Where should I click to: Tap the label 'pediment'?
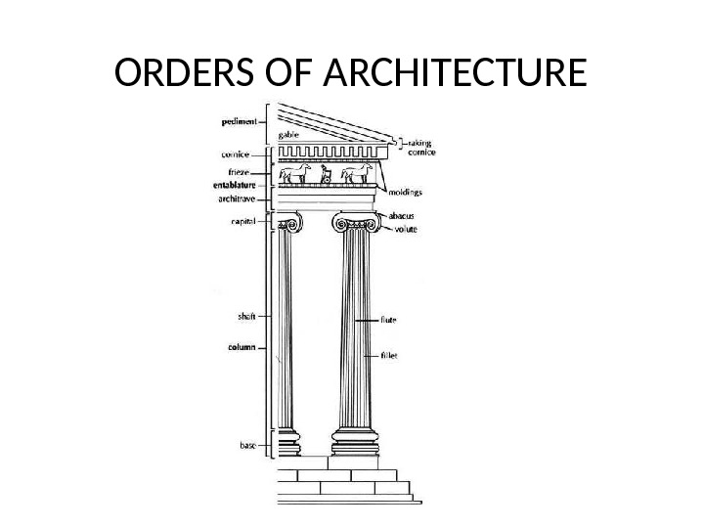click(238, 122)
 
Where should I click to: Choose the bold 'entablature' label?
click(235, 184)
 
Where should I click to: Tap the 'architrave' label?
click(236, 198)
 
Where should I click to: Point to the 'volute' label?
click(406, 230)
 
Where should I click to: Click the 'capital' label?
click(242, 222)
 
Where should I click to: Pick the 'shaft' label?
click(247, 316)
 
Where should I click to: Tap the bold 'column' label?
click(242, 347)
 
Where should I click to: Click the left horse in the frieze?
click(296, 174)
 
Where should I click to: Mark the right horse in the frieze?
click(357, 174)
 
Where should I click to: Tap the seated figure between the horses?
click(327, 176)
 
